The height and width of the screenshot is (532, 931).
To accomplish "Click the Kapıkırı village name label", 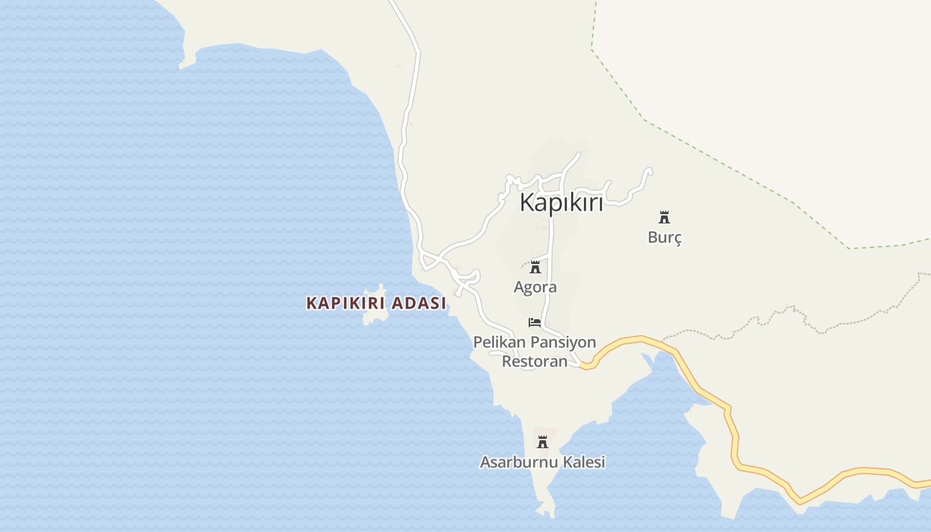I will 561,202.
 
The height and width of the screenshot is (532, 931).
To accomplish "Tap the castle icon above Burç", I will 664,217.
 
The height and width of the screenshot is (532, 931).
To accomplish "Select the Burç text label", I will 664,237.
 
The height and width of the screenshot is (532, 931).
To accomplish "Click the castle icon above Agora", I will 535,267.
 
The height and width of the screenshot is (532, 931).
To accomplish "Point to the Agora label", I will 535,287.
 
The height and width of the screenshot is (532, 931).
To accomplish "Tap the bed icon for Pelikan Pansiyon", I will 535,323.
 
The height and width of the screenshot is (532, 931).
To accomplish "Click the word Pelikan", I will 500,342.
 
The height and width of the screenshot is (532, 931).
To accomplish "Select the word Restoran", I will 534,361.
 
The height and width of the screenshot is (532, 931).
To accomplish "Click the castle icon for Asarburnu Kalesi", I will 543,442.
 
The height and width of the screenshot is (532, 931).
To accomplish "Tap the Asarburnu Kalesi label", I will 543,462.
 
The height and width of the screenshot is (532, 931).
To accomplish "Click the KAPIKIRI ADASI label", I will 376,303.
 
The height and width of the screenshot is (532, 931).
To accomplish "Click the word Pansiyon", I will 563,342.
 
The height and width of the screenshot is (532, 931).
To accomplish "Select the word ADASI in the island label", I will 419,303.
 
